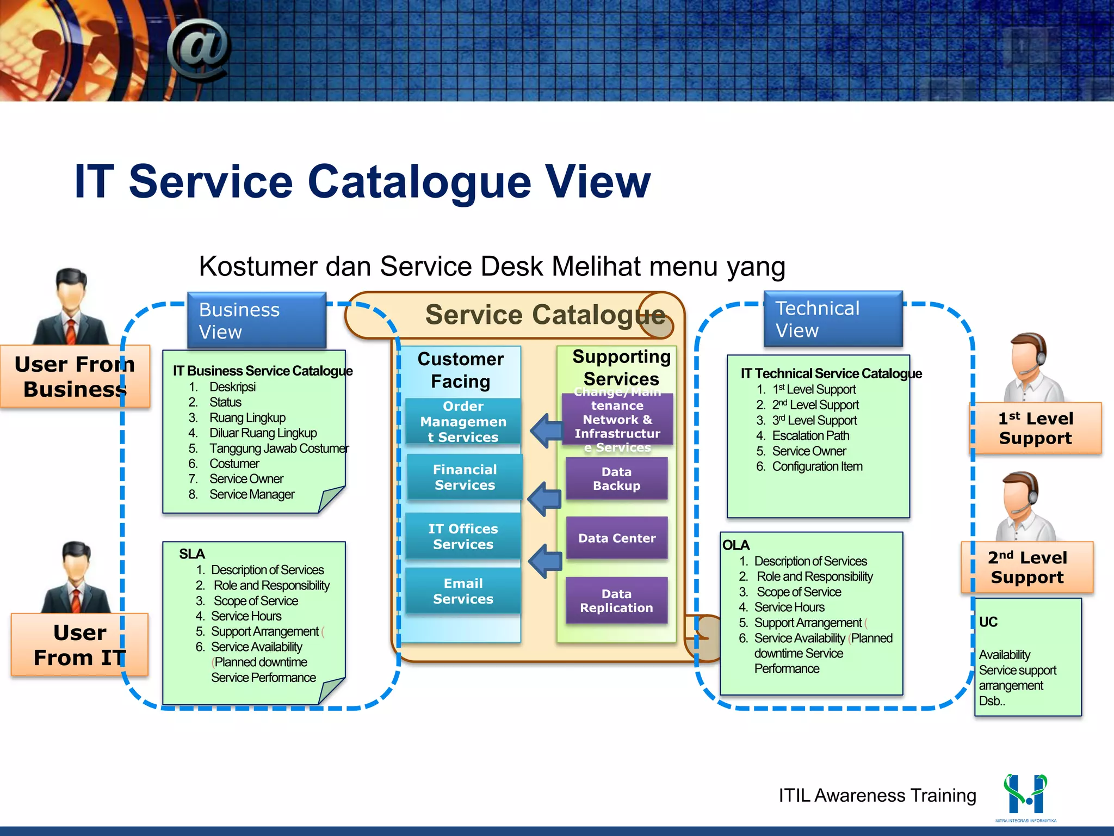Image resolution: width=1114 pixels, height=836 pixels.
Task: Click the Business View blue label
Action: (256, 320)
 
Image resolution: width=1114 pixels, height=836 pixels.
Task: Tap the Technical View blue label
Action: (832, 319)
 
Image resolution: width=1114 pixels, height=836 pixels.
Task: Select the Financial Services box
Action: (465, 477)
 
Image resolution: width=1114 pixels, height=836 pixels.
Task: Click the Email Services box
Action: (463, 591)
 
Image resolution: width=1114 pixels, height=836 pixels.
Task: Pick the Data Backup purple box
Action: (616, 479)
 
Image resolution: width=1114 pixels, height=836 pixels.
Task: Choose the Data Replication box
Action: (616, 601)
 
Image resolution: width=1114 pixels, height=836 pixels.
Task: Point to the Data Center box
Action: (617, 538)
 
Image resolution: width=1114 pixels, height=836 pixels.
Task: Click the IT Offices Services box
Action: (463, 537)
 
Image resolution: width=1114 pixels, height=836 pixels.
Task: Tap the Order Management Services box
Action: (463, 422)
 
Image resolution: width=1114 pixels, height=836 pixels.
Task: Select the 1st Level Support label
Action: (1035, 428)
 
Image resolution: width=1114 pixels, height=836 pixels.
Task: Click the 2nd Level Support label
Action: (1027, 567)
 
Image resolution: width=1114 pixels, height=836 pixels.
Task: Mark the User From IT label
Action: (79, 645)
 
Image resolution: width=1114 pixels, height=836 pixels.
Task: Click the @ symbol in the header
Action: (199, 49)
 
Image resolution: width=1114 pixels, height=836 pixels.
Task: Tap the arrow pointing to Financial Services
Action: (544, 498)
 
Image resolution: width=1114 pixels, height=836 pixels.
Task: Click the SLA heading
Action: (192, 554)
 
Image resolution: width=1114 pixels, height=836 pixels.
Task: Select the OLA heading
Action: (735, 545)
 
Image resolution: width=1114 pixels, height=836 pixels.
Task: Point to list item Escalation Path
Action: (810, 436)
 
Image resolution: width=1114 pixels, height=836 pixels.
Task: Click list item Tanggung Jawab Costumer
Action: (278, 448)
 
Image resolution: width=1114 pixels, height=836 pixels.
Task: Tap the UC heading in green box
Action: (988, 622)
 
